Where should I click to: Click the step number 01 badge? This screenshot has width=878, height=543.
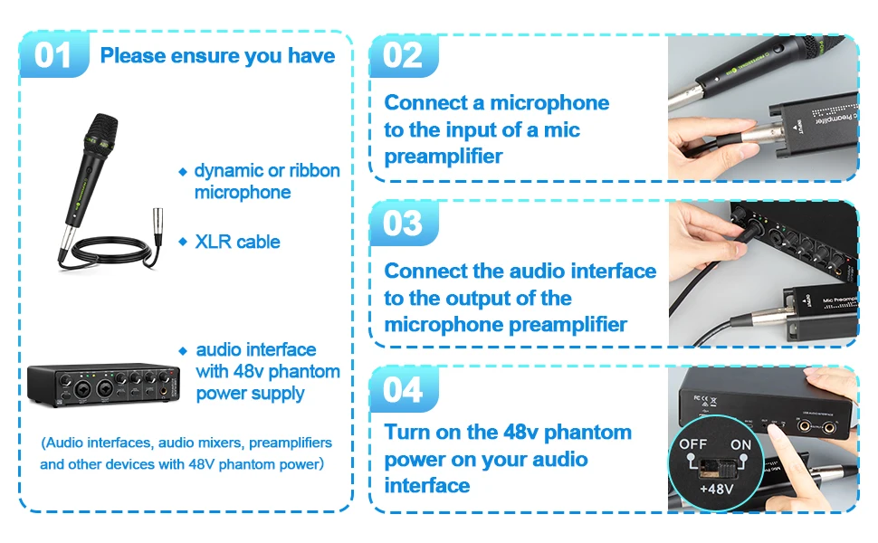pos(53,55)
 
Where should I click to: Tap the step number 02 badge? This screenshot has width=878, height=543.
pos(404,55)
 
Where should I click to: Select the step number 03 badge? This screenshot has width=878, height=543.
pos(404,223)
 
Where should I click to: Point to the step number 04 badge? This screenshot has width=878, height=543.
pos(404,389)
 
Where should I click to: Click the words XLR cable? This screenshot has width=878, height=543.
pos(237,242)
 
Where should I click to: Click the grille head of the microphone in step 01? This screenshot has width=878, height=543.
pos(101,130)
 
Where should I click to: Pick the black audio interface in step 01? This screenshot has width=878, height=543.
pos(103,385)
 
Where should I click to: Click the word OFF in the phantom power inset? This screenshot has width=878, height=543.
pos(693,444)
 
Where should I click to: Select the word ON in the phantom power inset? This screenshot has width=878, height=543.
pos(740,445)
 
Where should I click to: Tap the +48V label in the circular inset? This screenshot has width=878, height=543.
pos(717,489)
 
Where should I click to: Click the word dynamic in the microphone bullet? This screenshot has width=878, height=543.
pos(229,171)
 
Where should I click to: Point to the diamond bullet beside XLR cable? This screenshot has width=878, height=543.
pos(183,242)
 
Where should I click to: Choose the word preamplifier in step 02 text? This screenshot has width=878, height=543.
pos(444,157)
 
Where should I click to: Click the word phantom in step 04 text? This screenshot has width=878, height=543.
pos(587,433)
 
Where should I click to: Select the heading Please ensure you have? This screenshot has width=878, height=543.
pos(218,56)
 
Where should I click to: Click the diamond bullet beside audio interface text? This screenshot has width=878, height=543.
pos(183,351)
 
